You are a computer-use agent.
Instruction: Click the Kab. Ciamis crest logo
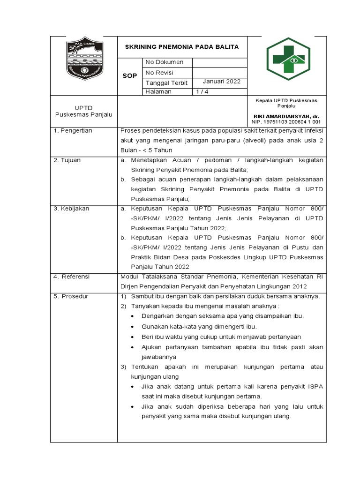83,60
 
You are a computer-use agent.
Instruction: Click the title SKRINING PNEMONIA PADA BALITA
181,47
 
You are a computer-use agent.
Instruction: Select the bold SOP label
129,75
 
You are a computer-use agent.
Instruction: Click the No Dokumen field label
164,62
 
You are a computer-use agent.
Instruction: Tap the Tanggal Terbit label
166,82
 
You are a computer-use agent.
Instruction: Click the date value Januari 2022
221,82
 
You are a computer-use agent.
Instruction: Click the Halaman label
158,92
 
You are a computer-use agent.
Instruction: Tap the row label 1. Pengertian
73,131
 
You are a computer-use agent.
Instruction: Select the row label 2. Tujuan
67,160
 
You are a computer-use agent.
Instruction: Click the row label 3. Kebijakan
71,209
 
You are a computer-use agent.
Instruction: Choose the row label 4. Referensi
71,277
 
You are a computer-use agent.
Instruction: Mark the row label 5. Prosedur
71,296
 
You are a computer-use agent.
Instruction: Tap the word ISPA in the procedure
315,386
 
